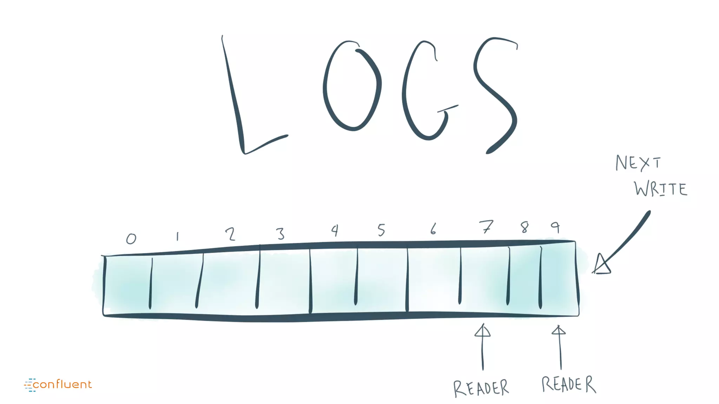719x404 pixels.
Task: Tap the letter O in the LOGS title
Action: tap(352, 86)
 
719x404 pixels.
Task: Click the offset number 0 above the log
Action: tap(131, 239)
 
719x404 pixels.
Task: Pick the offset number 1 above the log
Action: tap(178, 237)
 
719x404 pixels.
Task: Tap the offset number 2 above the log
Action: tap(230, 234)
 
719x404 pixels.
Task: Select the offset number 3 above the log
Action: tap(280, 234)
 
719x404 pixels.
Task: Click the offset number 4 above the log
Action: tap(335, 230)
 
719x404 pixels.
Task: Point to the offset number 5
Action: tap(382, 230)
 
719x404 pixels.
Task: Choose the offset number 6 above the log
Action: tap(433, 229)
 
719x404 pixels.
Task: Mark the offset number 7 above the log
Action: tap(486, 227)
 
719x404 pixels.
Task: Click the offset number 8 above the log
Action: tap(525, 227)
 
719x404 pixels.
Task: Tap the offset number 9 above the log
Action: tap(555, 227)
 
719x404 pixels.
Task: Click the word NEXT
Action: tap(638, 163)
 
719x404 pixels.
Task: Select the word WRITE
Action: tap(661, 189)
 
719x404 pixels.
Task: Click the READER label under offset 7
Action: tap(481, 388)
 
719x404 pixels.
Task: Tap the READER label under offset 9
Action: tap(569, 384)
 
